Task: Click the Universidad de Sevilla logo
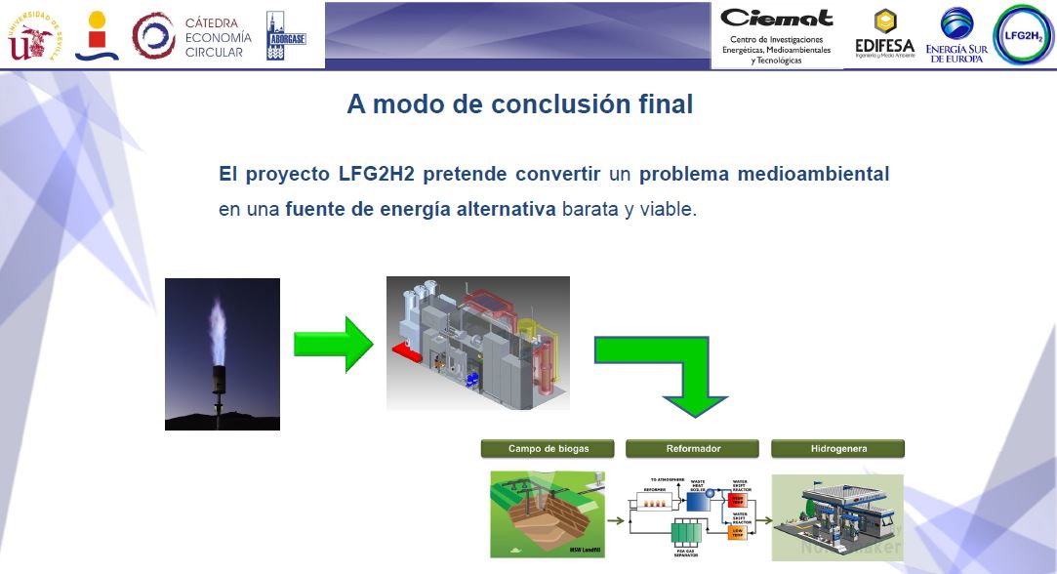[35, 36]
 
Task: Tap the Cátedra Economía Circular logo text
[218, 37]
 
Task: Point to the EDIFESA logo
[883, 36]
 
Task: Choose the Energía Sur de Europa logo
[956, 36]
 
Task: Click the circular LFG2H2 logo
[1023, 35]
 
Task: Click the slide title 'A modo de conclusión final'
[519, 104]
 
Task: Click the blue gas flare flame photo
[223, 353]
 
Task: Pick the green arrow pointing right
[333, 344]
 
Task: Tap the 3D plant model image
[478, 342]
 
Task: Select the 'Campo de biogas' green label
[548, 449]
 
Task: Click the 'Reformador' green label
[693, 449]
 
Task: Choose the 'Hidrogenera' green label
[838, 449]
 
